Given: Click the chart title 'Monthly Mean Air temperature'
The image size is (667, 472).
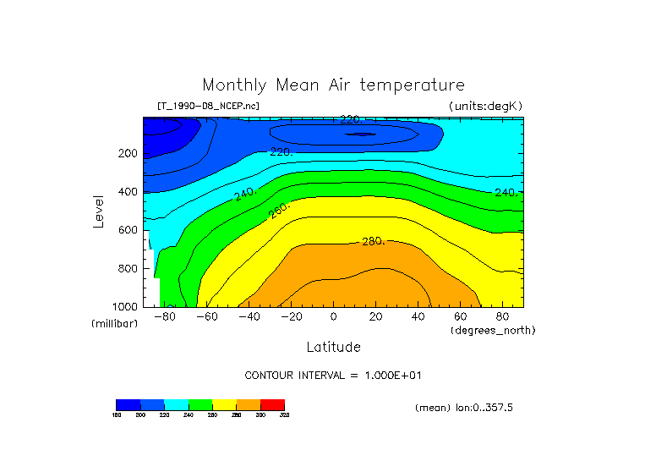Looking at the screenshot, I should (333, 85).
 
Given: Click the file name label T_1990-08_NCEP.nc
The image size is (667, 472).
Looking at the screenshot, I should (208, 106).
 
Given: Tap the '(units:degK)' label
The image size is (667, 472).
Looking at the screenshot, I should (485, 106).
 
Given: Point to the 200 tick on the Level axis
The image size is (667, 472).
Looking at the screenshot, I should (127, 153).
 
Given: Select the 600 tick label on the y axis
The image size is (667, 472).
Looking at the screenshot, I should (127, 230).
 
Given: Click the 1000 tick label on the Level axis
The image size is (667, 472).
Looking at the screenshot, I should (124, 306).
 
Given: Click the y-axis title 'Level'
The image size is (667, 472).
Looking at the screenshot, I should (100, 211).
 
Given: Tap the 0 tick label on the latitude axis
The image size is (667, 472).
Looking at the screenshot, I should (333, 316).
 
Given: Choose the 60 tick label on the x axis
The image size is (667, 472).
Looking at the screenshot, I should (460, 316).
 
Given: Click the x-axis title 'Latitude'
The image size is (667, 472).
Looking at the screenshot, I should (333, 347).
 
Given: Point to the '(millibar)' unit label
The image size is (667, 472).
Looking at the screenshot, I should (114, 324).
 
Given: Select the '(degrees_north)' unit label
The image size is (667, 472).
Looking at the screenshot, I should (493, 330).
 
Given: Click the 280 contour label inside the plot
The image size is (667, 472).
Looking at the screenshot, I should (373, 241).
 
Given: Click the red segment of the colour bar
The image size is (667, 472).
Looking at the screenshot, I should (272, 404).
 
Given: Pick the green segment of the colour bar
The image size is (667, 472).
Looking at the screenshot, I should (200, 404).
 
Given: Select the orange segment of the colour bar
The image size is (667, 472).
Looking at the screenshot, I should (249, 404).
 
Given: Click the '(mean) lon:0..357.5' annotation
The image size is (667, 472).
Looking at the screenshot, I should (464, 408).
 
